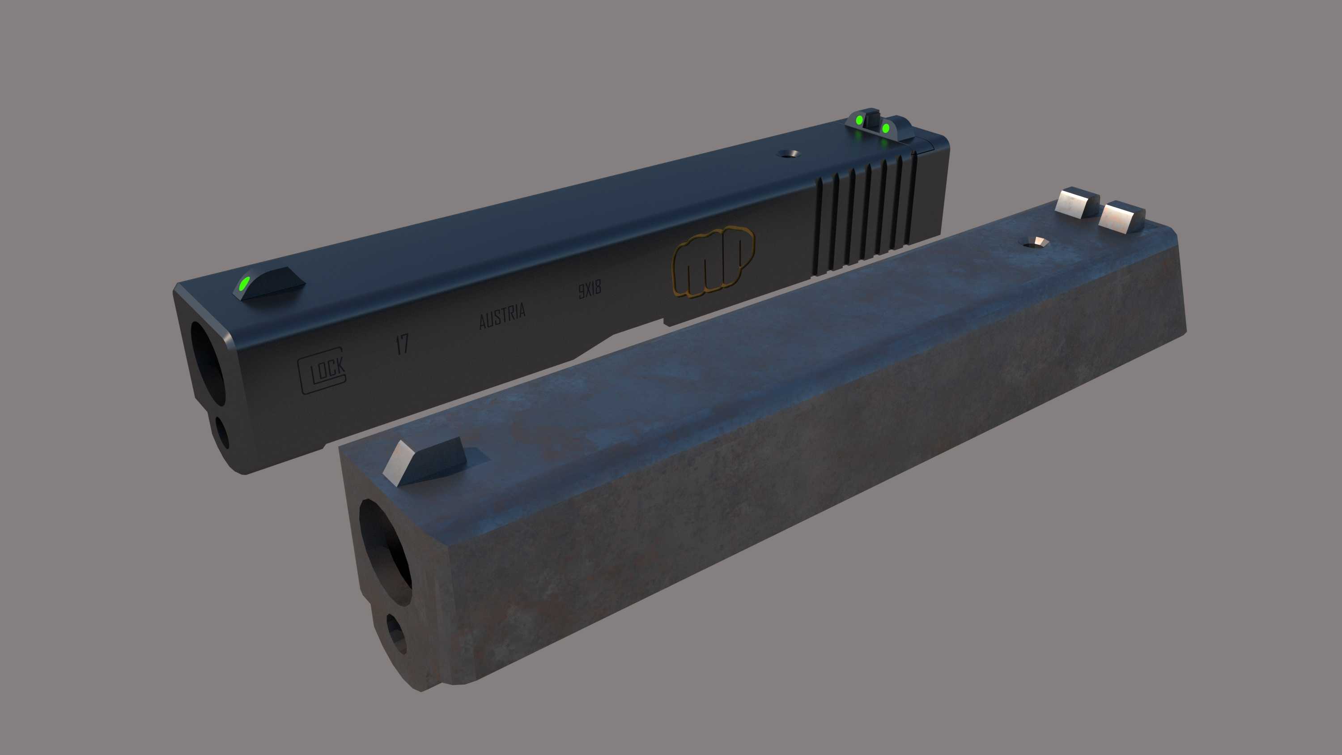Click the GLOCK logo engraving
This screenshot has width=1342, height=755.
(x=322, y=371)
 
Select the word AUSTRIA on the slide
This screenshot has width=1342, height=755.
(x=502, y=316)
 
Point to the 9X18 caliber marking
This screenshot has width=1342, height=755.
(x=589, y=289)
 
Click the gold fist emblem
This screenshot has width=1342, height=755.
(x=713, y=261)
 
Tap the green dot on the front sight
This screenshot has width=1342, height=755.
(x=243, y=285)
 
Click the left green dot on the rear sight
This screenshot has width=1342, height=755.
(x=859, y=121)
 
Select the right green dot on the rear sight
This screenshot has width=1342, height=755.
(x=886, y=128)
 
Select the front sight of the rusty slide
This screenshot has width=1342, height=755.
(x=425, y=461)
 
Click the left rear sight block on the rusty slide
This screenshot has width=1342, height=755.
(x=1075, y=202)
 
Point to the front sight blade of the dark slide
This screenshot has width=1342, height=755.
(x=271, y=283)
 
